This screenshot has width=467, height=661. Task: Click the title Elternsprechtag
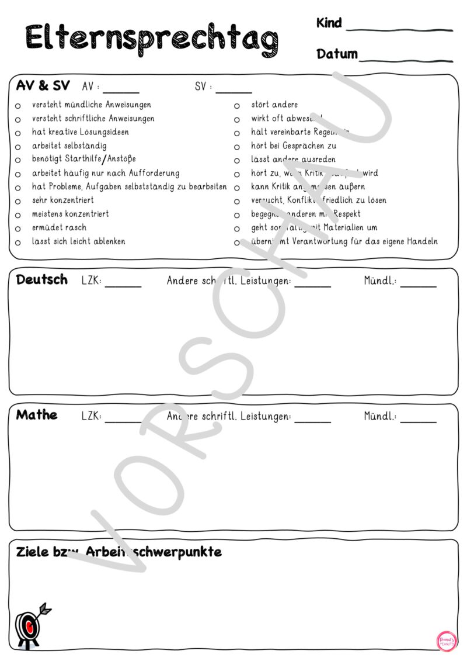coord(152,39)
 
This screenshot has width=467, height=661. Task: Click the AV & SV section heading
coord(43,86)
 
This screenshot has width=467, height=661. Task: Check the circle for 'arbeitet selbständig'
coord(18,147)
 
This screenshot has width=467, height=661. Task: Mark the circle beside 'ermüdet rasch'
coord(18,229)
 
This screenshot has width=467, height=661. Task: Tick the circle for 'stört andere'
coord(237,106)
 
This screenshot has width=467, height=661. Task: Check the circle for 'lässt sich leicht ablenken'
coord(18,242)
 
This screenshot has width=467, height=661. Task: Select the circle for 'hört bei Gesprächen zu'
coord(237,147)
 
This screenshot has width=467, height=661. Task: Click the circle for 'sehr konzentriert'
coord(18,201)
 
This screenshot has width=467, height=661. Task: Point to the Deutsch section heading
coord(41,279)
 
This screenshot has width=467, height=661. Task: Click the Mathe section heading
coord(37,415)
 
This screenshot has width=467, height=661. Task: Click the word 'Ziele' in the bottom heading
coord(33,552)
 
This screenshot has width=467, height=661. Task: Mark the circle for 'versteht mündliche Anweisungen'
coord(18,106)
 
